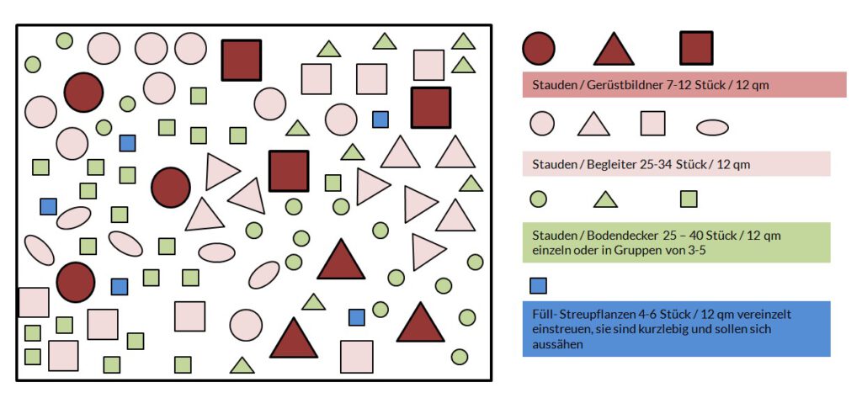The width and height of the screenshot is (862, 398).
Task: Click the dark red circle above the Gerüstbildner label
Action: coord(539,47)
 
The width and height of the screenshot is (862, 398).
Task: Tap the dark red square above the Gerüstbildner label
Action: coord(696,48)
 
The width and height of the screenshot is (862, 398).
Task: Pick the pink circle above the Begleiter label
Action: coord(542,124)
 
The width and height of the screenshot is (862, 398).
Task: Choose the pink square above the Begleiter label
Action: coord(652,124)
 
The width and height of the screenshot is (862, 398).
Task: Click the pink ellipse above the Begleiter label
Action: coord(712,127)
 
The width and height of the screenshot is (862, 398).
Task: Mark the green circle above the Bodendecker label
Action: coord(539,199)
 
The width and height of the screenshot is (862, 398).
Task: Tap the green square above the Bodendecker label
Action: coord(689,199)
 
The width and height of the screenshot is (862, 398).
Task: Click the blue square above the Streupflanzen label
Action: coord(539,285)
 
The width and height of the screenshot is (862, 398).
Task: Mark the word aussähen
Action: coord(554,344)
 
